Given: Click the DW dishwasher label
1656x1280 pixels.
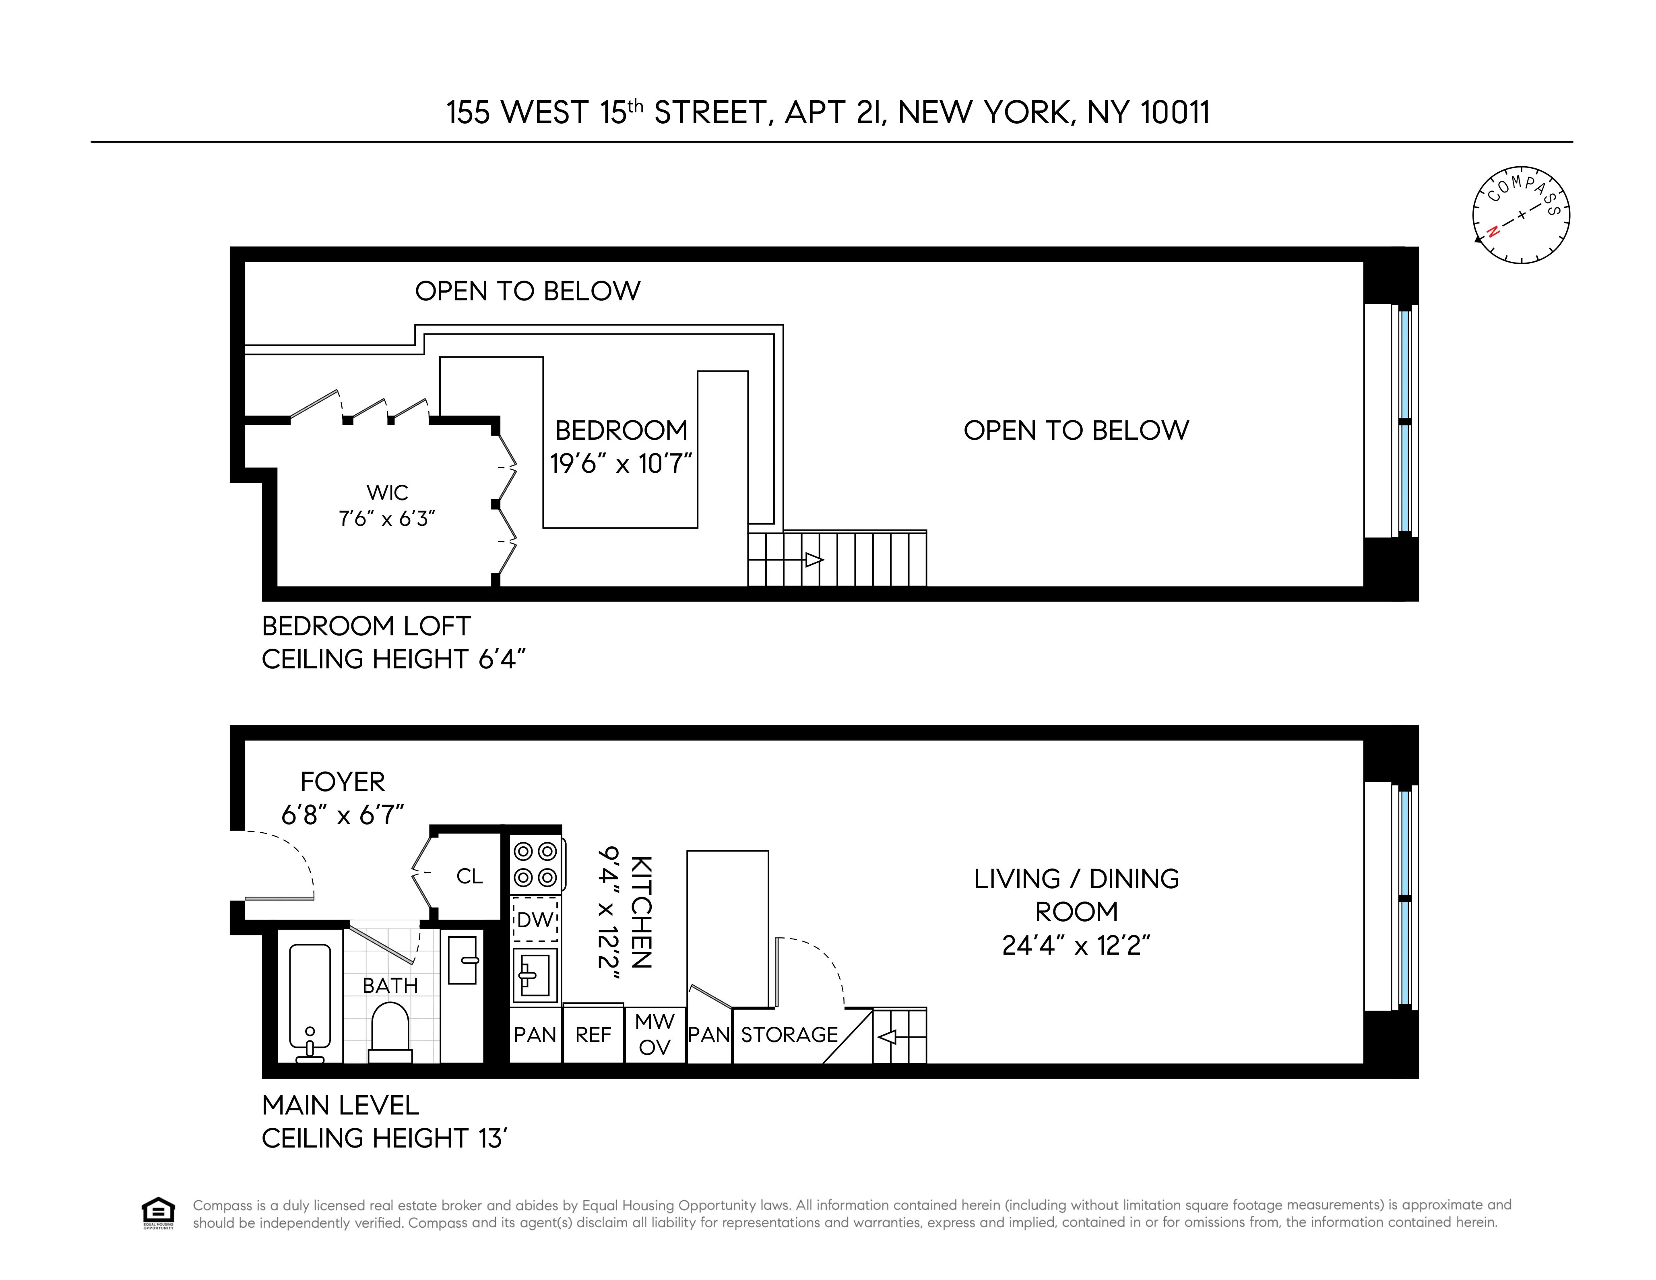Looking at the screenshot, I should tap(535, 920).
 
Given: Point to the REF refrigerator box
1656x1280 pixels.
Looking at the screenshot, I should tap(593, 1034).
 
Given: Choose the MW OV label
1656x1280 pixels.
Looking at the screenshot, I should tap(655, 1034).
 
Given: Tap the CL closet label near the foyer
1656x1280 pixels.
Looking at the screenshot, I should tap(469, 877).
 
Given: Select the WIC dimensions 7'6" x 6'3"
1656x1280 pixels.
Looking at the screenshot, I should tap(387, 519).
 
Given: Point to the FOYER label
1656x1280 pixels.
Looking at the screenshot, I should tap(343, 782).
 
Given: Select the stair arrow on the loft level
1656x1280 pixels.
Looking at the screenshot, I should tap(811, 560).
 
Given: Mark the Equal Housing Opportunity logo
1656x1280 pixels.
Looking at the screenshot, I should tap(158, 1212).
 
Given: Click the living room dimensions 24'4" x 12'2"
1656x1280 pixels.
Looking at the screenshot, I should tap(1076, 945).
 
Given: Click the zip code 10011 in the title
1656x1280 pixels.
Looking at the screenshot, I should tap(1175, 113).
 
